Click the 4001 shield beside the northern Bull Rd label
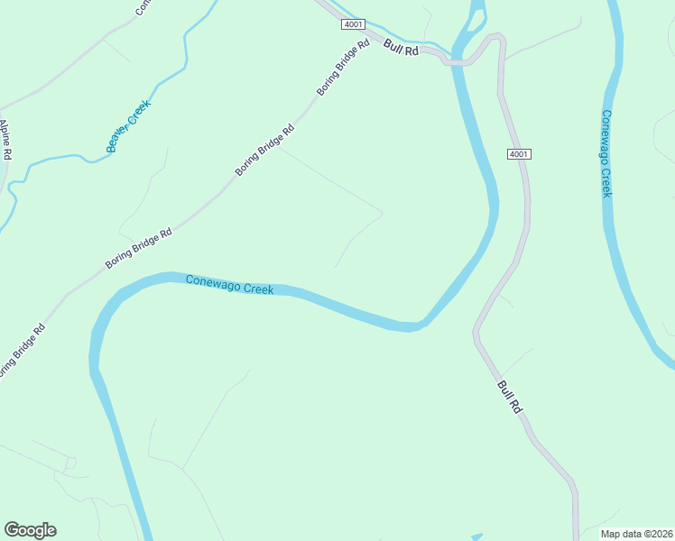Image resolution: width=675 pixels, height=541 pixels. (353, 24)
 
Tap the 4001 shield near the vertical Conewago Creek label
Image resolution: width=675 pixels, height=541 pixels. (518, 154)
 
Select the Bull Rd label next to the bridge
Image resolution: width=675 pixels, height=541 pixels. (402, 47)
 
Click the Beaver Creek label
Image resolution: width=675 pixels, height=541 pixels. (128, 126)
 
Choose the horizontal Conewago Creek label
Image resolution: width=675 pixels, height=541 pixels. (229, 285)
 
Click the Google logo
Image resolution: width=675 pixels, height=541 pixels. (30, 530)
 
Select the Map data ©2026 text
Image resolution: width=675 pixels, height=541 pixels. (636, 534)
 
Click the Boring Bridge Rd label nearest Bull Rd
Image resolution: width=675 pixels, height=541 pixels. (343, 69)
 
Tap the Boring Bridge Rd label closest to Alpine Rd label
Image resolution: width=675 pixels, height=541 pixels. (20, 350)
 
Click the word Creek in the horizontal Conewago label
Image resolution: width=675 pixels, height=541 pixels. (257, 289)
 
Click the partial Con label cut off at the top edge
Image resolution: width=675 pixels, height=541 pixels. (142, 7)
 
